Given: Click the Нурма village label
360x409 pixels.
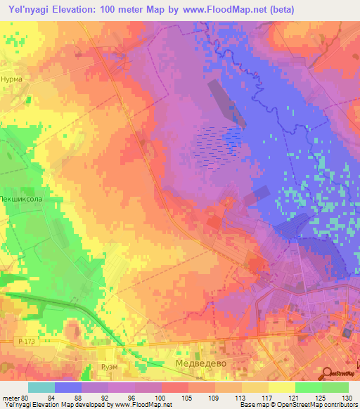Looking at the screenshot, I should click(x=12, y=79).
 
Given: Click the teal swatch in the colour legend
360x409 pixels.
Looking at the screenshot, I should click(x=41, y=387).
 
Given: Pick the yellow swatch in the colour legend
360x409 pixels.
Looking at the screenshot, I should click(x=282, y=387).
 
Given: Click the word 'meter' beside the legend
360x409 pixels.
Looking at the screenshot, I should click(x=12, y=398).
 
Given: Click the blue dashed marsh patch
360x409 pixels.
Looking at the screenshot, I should click(x=219, y=144).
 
